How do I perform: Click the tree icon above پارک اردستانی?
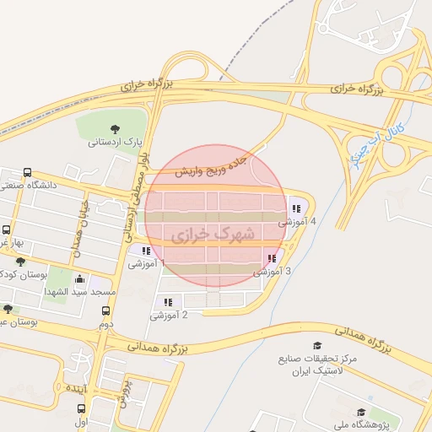pyautogui.click(x=116, y=128)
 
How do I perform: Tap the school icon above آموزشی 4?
pyautogui.click(x=295, y=208)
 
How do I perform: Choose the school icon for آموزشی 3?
pyautogui.click(x=271, y=259)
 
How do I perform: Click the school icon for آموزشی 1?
pyautogui.click(x=146, y=251)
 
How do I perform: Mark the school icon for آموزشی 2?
pyautogui.click(x=169, y=301)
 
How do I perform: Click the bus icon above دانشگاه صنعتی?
pyautogui.click(x=28, y=172)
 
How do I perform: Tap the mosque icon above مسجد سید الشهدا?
pyautogui.click(x=79, y=279)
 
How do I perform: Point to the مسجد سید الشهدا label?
pyautogui.click(x=74, y=291)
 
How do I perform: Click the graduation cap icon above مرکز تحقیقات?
pyautogui.click(x=317, y=347)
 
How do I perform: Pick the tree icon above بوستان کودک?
pyautogui.click(x=20, y=262)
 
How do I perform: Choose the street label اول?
pyautogui.click(x=82, y=420)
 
